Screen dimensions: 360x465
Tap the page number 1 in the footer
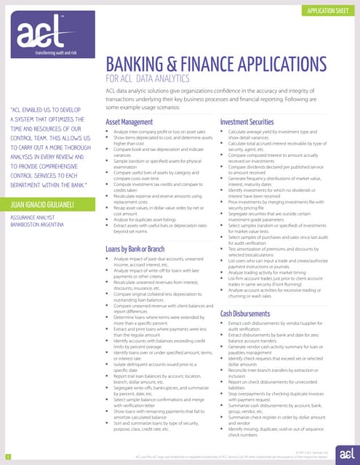7,456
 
